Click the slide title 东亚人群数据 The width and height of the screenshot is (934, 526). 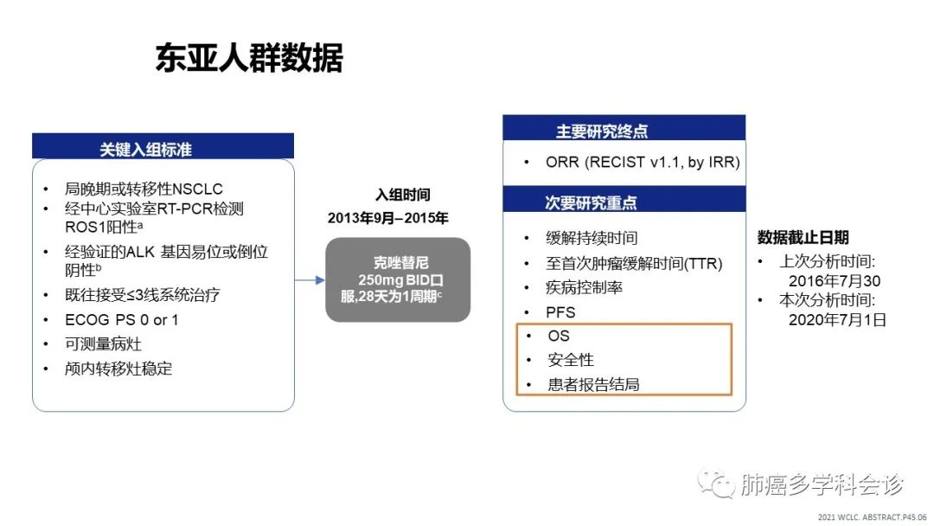pyautogui.click(x=249, y=58)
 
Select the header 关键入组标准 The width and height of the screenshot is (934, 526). pyautogui.click(x=145, y=149)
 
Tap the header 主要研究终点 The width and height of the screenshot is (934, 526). pyautogui.click(x=602, y=131)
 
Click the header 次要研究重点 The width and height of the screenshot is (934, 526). pyautogui.click(x=591, y=202)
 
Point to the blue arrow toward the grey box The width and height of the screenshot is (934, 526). pyautogui.click(x=310, y=280)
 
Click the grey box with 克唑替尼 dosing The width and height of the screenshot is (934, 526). pyautogui.click(x=398, y=280)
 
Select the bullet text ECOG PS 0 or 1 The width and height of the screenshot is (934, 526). pyautogui.click(x=122, y=320)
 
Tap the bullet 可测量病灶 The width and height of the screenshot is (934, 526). pyautogui.click(x=103, y=344)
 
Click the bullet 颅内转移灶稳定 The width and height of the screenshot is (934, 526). pyautogui.click(x=118, y=369)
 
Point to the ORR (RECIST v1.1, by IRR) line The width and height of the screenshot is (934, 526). pyautogui.click(x=643, y=162)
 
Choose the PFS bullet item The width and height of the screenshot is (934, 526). pyautogui.click(x=560, y=312)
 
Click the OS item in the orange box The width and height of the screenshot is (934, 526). pyautogui.click(x=559, y=336)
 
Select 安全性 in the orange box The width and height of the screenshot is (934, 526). pyautogui.click(x=571, y=360)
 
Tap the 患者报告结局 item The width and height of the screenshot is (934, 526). pyautogui.click(x=593, y=385)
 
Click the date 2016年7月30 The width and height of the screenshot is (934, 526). pyautogui.click(x=835, y=281)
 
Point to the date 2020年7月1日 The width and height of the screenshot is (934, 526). pyautogui.click(x=837, y=320)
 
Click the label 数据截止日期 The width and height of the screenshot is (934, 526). pyautogui.click(x=803, y=238)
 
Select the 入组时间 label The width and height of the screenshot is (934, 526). pyautogui.click(x=403, y=195)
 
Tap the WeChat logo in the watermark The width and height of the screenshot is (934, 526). pyautogui.click(x=715, y=483)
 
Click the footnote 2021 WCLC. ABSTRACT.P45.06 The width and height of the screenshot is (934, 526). pyautogui.click(x=872, y=517)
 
